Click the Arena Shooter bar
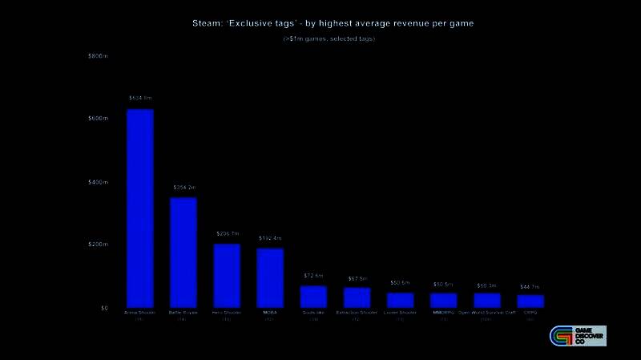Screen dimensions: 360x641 (x=140, y=208)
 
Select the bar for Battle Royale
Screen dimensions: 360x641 (x=183, y=253)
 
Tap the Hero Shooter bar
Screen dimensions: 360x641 (x=227, y=276)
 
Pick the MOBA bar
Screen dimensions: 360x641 (x=270, y=278)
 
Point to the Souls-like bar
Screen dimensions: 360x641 (x=313, y=297)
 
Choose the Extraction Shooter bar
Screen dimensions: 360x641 (x=357, y=297)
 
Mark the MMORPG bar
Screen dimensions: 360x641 (x=443, y=300)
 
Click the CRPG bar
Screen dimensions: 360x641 (x=530, y=301)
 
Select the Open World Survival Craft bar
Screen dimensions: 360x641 (x=486, y=300)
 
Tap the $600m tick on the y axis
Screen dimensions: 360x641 (x=98, y=119)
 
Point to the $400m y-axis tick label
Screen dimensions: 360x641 (x=98, y=182)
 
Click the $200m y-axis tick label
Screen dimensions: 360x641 (x=98, y=245)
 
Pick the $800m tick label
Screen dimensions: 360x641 (x=98, y=56)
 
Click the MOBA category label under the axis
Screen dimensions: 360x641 (x=270, y=312)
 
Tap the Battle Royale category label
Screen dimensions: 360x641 (x=183, y=312)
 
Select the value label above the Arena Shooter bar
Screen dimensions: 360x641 (x=140, y=99)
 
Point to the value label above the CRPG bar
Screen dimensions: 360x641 (x=530, y=286)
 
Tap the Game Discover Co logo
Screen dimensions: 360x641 (x=577, y=336)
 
